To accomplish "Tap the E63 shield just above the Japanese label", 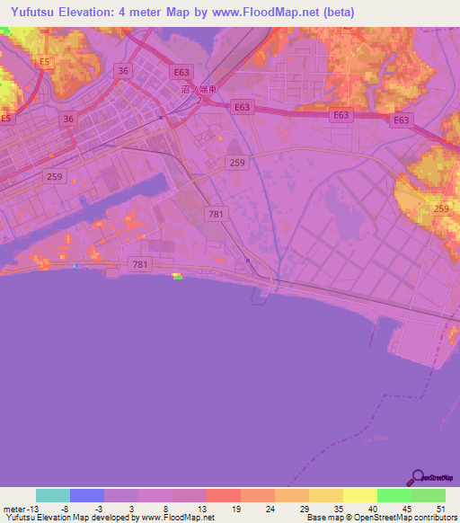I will [x=182, y=72].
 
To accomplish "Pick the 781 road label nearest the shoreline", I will [x=139, y=264].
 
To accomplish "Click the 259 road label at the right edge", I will [x=441, y=209].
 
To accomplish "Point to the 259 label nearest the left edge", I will [x=54, y=177].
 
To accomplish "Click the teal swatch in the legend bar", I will [x=53, y=495].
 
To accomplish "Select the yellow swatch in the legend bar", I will [x=359, y=495].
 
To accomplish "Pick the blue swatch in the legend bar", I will [x=87, y=495].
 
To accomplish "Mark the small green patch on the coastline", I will [x=177, y=278].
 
